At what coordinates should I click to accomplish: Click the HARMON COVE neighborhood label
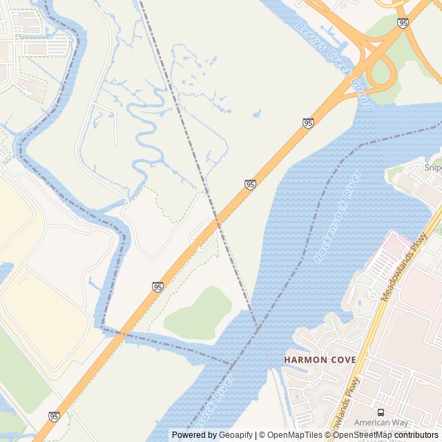tap(320, 360)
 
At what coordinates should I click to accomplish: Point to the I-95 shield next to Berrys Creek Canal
tap(308, 123)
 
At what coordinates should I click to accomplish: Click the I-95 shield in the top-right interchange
tap(403, 23)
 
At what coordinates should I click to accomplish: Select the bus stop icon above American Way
tap(381, 412)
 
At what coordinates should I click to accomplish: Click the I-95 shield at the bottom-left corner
tap(54, 416)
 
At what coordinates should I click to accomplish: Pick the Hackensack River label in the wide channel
tap(338, 216)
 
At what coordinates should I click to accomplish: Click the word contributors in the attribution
tap(416, 435)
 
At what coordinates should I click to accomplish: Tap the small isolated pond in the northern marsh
tap(256, 113)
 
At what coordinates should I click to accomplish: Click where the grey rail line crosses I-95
tap(216, 222)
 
